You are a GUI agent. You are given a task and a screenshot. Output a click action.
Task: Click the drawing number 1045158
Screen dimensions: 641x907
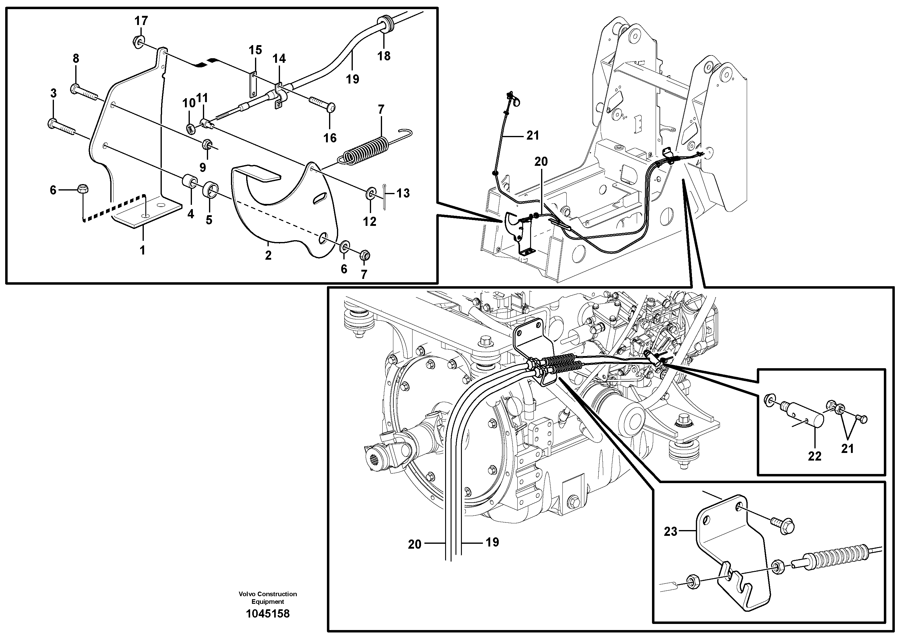click(x=267, y=614)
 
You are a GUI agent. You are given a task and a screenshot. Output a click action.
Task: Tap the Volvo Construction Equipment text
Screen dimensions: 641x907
click(x=267, y=597)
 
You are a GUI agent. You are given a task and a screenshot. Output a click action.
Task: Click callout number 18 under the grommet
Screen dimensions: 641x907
click(x=384, y=56)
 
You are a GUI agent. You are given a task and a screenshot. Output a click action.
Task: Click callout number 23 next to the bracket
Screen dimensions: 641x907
click(x=670, y=532)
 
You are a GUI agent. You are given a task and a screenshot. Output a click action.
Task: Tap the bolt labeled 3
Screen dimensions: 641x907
click(x=62, y=126)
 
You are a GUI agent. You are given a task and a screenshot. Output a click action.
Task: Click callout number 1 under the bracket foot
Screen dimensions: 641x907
click(x=143, y=250)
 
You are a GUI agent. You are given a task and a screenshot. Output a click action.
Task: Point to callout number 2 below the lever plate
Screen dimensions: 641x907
click(x=268, y=255)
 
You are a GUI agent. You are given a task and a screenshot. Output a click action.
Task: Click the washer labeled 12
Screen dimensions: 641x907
click(x=370, y=193)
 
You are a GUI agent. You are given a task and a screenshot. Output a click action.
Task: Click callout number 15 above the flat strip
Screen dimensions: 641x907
click(x=255, y=50)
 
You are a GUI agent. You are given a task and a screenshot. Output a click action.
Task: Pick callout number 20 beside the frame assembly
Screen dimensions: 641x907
click(x=541, y=162)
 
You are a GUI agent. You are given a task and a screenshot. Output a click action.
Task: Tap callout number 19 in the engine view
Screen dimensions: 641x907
click(x=492, y=542)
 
